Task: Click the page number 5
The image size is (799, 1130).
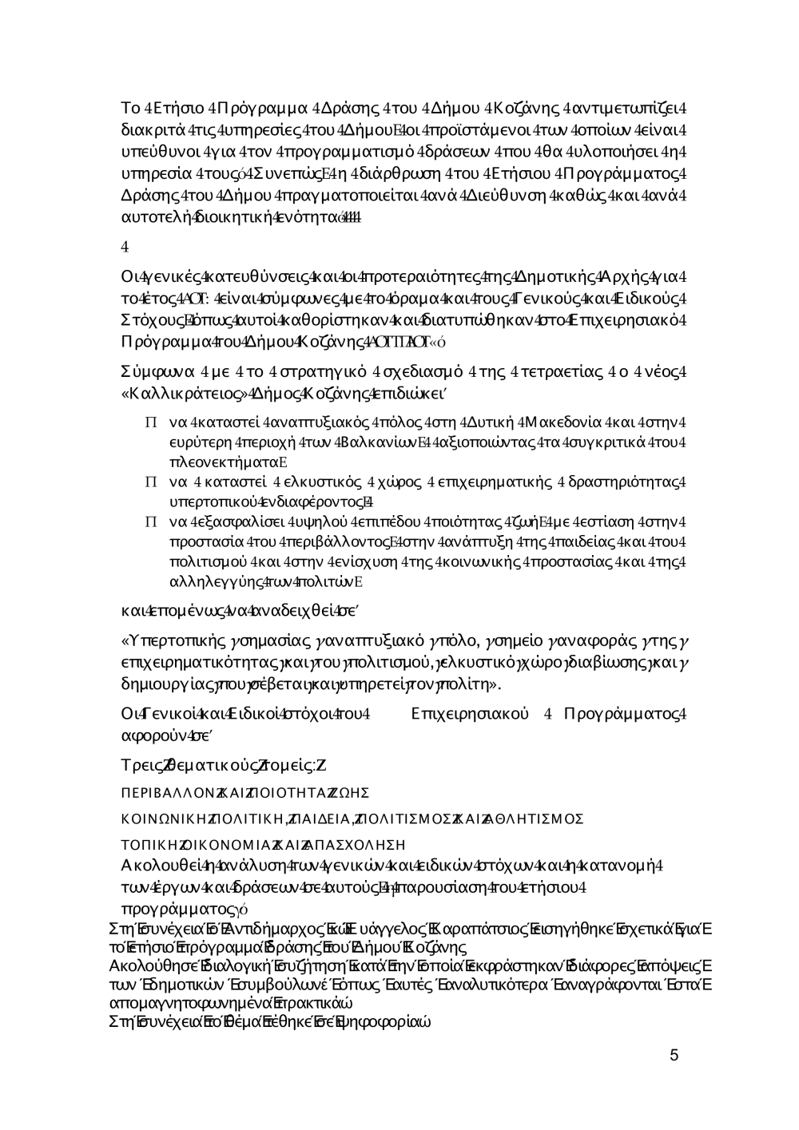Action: tap(674, 1056)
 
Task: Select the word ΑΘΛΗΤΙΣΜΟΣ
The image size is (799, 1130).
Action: tap(543, 819)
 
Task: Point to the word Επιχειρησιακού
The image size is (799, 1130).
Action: tap(469, 713)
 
